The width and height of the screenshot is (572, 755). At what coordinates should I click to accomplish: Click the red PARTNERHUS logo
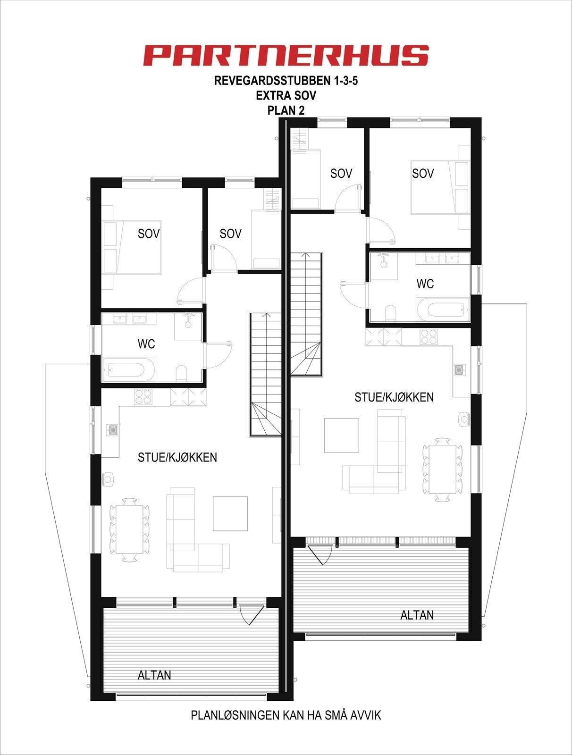tap(286, 55)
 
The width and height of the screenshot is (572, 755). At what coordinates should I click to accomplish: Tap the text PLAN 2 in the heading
tap(286, 110)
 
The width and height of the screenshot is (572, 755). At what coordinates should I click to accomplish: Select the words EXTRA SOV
tap(286, 95)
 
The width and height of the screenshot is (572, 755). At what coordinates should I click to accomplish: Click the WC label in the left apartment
tap(146, 344)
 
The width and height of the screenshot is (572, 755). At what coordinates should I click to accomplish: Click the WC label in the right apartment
tap(425, 284)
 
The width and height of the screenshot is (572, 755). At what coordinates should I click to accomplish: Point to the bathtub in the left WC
tap(129, 369)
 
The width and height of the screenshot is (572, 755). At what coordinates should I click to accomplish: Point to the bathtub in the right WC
tap(443, 310)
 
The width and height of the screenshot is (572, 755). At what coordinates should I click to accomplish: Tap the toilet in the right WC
tap(390, 313)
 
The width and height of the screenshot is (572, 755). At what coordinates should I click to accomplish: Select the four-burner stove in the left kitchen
tap(143, 396)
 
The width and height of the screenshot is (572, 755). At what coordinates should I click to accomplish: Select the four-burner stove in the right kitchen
tap(429, 336)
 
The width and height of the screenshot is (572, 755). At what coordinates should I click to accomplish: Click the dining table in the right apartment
tap(442, 470)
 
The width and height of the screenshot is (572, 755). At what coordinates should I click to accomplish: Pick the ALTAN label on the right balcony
tap(417, 615)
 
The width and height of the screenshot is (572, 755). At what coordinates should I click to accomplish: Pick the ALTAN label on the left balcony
tap(154, 675)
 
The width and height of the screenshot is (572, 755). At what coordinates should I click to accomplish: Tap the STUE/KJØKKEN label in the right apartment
tap(394, 397)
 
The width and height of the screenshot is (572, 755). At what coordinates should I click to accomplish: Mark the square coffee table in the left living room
tap(230, 513)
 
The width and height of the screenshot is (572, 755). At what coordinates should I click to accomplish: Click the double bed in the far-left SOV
tap(135, 247)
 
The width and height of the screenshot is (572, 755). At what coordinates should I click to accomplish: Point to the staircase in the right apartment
tap(307, 314)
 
